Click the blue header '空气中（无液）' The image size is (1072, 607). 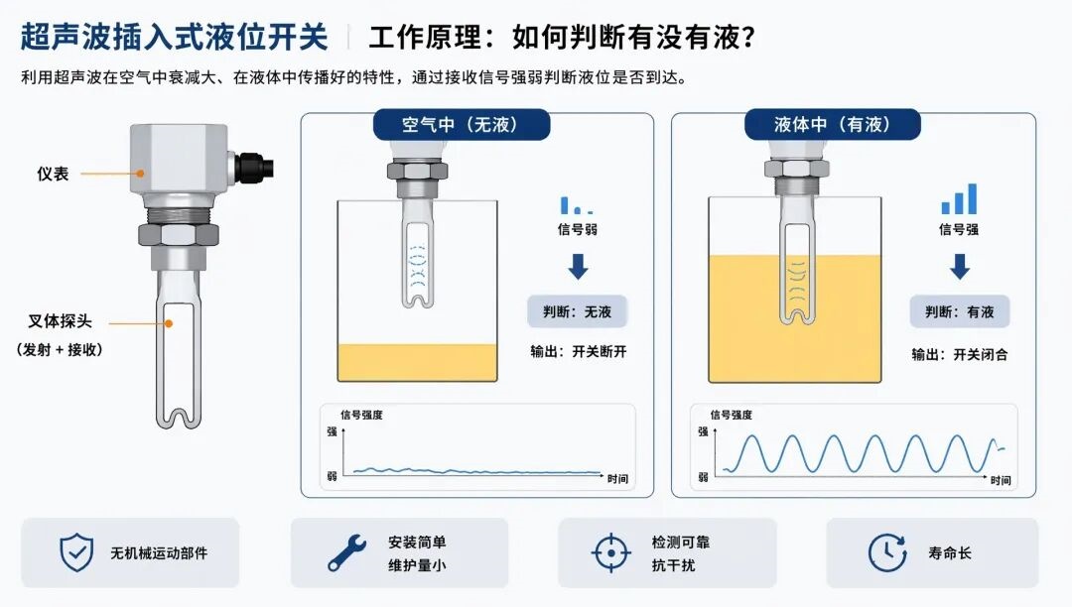click(462, 124)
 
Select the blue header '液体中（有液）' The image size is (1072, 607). click(833, 124)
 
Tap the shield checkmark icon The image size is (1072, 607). click(76, 552)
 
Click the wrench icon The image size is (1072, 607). click(346, 553)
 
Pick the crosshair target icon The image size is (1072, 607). click(610, 552)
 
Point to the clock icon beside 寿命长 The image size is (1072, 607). click(887, 552)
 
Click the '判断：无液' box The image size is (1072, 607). click(577, 312)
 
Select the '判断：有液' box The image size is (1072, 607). click(959, 312)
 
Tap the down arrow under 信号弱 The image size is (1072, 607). click(579, 266)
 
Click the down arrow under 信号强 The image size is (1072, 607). click(960, 266)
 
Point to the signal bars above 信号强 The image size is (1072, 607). click(959, 198)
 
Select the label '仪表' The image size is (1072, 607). click(53, 175)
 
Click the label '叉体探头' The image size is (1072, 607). click(60, 321)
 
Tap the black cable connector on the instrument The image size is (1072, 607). click(254, 167)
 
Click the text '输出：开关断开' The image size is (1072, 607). click(579, 352)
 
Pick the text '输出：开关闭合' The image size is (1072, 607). click(959, 354)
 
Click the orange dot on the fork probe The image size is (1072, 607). click(169, 323)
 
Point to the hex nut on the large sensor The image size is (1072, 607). click(179, 234)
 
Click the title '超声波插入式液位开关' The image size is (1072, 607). click(175, 37)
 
